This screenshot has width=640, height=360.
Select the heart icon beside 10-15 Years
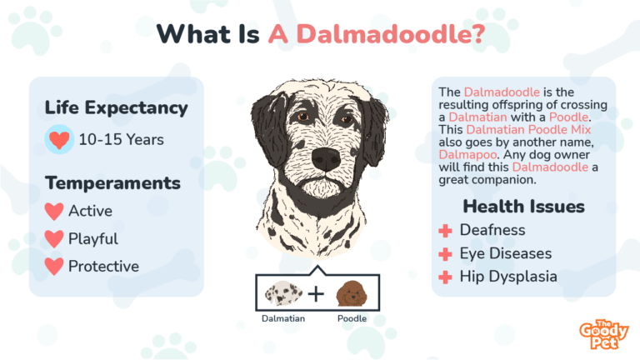(x=58, y=139)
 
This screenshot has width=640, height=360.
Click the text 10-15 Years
(x=121, y=139)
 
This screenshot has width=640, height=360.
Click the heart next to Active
(x=54, y=211)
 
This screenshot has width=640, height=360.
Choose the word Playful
(x=92, y=239)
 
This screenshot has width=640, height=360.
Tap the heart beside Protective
(x=54, y=267)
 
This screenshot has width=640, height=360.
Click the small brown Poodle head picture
(x=350, y=292)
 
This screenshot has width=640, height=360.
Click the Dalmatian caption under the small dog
(x=282, y=318)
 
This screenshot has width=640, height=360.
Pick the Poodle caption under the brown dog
(x=351, y=318)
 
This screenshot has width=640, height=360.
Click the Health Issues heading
(x=523, y=206)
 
